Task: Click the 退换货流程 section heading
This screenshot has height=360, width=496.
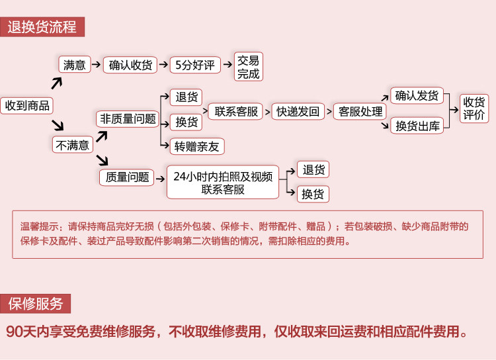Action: (x=42, y=27)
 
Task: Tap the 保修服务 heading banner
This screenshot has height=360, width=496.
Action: (x=35, y=304)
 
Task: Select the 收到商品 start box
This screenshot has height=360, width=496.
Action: (x=27, y=105)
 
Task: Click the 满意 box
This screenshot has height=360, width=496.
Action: (x=75, y=65)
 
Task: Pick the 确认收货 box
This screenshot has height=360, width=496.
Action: (x=130, y=65)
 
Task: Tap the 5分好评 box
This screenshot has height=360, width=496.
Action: (x=195, y=65)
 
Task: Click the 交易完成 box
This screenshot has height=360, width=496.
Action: (x=248, y=67)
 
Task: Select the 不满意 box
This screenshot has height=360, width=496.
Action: (x=73, y=145)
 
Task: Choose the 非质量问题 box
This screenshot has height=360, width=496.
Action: (x=128, y=119)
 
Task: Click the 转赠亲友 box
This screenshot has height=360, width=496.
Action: (x=197, y=146)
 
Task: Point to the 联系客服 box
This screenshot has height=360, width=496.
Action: (x=235, y=111)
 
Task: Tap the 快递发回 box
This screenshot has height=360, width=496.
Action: (x=298, y=111)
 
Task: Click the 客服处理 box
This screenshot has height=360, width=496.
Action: (x=360, y=111)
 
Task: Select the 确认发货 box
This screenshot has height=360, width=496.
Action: (x=417, y=95)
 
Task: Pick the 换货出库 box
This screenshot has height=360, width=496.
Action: (x=417, y=126)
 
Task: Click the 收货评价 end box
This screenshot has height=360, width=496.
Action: (x=474, y=109)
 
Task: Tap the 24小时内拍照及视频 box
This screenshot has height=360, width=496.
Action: (x=223, y=182)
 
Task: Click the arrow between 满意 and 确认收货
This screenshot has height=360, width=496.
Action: (x=96, y=65)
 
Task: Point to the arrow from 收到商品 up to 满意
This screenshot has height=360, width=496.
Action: (x=57, y=83)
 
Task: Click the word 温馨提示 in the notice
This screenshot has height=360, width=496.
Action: (x=40, y=226)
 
